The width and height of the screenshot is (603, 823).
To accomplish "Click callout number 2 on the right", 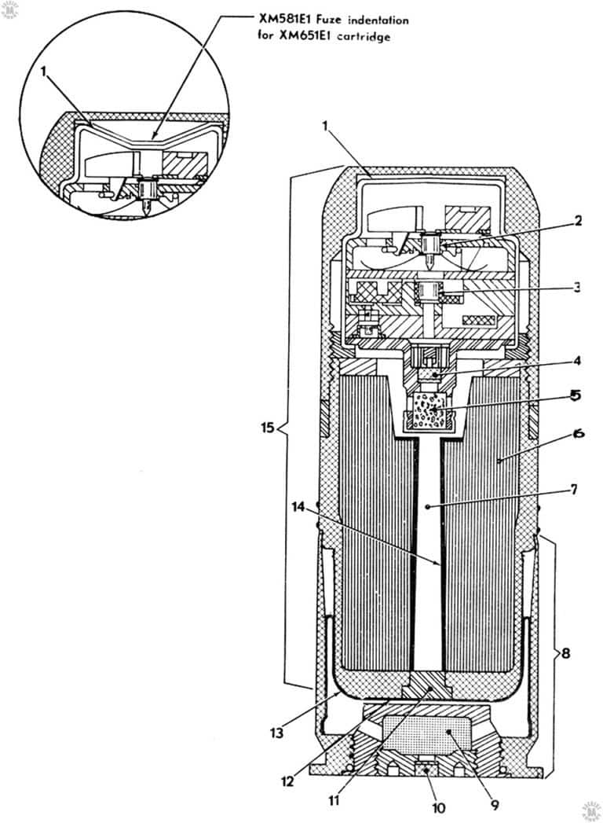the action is (x=577, y=220).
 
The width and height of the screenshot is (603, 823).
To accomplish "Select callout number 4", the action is (x=577, y=361).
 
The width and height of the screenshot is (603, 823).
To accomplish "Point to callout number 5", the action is (x=575, y=395).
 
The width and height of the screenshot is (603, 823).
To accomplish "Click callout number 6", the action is (x=579, y=434).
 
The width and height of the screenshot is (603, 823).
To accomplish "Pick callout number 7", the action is (x=573, y=489).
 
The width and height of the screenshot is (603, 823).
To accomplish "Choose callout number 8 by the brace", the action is (x=566, y=653).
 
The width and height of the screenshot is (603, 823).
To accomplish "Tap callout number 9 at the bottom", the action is (x=494, y=805).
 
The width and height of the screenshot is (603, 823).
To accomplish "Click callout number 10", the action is (x=438, y=808).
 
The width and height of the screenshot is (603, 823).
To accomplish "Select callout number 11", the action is (x=334, y=801).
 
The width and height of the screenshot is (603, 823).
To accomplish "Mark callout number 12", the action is (x=287, y=781).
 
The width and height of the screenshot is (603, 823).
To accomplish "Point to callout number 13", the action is (x=276, y=732).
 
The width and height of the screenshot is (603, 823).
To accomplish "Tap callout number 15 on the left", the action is (x=268, y=428).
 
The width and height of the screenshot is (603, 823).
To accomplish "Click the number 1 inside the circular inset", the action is (x=45, y=72).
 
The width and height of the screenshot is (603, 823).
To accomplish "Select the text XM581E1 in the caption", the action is (x=287, y=19).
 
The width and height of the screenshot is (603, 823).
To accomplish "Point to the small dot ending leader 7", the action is (x=429, y=506).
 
